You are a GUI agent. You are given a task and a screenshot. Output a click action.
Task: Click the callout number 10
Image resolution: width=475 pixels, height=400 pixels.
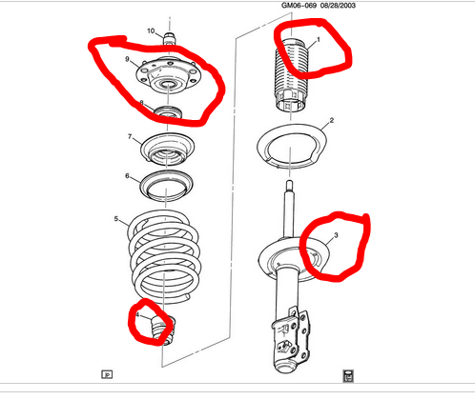pos(151,30)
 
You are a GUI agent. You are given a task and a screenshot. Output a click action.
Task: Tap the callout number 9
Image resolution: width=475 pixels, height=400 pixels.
pos(127,59)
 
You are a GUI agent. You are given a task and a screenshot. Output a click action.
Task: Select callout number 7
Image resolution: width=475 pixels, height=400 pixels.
pos(130,136)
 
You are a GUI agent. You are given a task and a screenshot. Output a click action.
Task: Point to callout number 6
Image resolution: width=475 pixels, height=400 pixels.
pos(127,176)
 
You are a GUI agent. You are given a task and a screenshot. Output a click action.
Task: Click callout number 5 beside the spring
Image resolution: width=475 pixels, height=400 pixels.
pos(116,219)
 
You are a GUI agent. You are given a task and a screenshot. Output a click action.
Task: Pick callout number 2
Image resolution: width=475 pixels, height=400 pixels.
pos(332,120)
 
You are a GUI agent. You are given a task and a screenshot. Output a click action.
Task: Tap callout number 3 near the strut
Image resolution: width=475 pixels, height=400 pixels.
pos(336,235)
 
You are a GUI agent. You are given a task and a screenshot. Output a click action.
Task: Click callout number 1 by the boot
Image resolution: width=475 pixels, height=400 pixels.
pos(319,40)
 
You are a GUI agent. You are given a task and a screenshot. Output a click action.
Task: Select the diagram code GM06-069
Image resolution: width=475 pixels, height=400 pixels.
pos(299,6)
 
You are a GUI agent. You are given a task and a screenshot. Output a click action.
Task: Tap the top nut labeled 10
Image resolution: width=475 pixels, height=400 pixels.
pos(169,38)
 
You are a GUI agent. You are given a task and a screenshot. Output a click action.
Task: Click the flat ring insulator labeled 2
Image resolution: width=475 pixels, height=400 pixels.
pos(293,147)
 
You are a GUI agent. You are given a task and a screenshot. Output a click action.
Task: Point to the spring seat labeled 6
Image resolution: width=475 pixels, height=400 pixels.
pos(167,186)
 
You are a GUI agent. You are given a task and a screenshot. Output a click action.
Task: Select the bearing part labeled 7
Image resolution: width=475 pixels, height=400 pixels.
pos(168,150)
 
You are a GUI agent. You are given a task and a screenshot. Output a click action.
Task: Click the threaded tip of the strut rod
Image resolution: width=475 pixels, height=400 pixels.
pos(289,185)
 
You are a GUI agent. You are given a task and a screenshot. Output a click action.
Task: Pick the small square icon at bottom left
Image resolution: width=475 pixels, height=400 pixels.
pos(107,374)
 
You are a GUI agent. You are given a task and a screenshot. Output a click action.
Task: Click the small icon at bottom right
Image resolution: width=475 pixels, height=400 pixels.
pos(348,376)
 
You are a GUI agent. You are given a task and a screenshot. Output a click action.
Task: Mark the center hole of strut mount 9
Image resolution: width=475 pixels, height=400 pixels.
pos(168,85)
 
